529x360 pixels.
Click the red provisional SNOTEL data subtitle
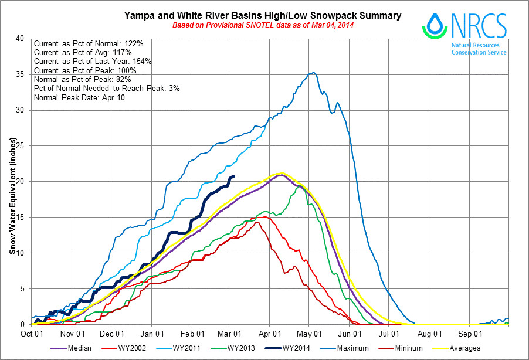point(262,25)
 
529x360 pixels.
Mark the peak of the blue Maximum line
point(314,73)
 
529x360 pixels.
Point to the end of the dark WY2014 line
point(234,176)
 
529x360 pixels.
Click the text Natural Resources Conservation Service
point(479,48)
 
